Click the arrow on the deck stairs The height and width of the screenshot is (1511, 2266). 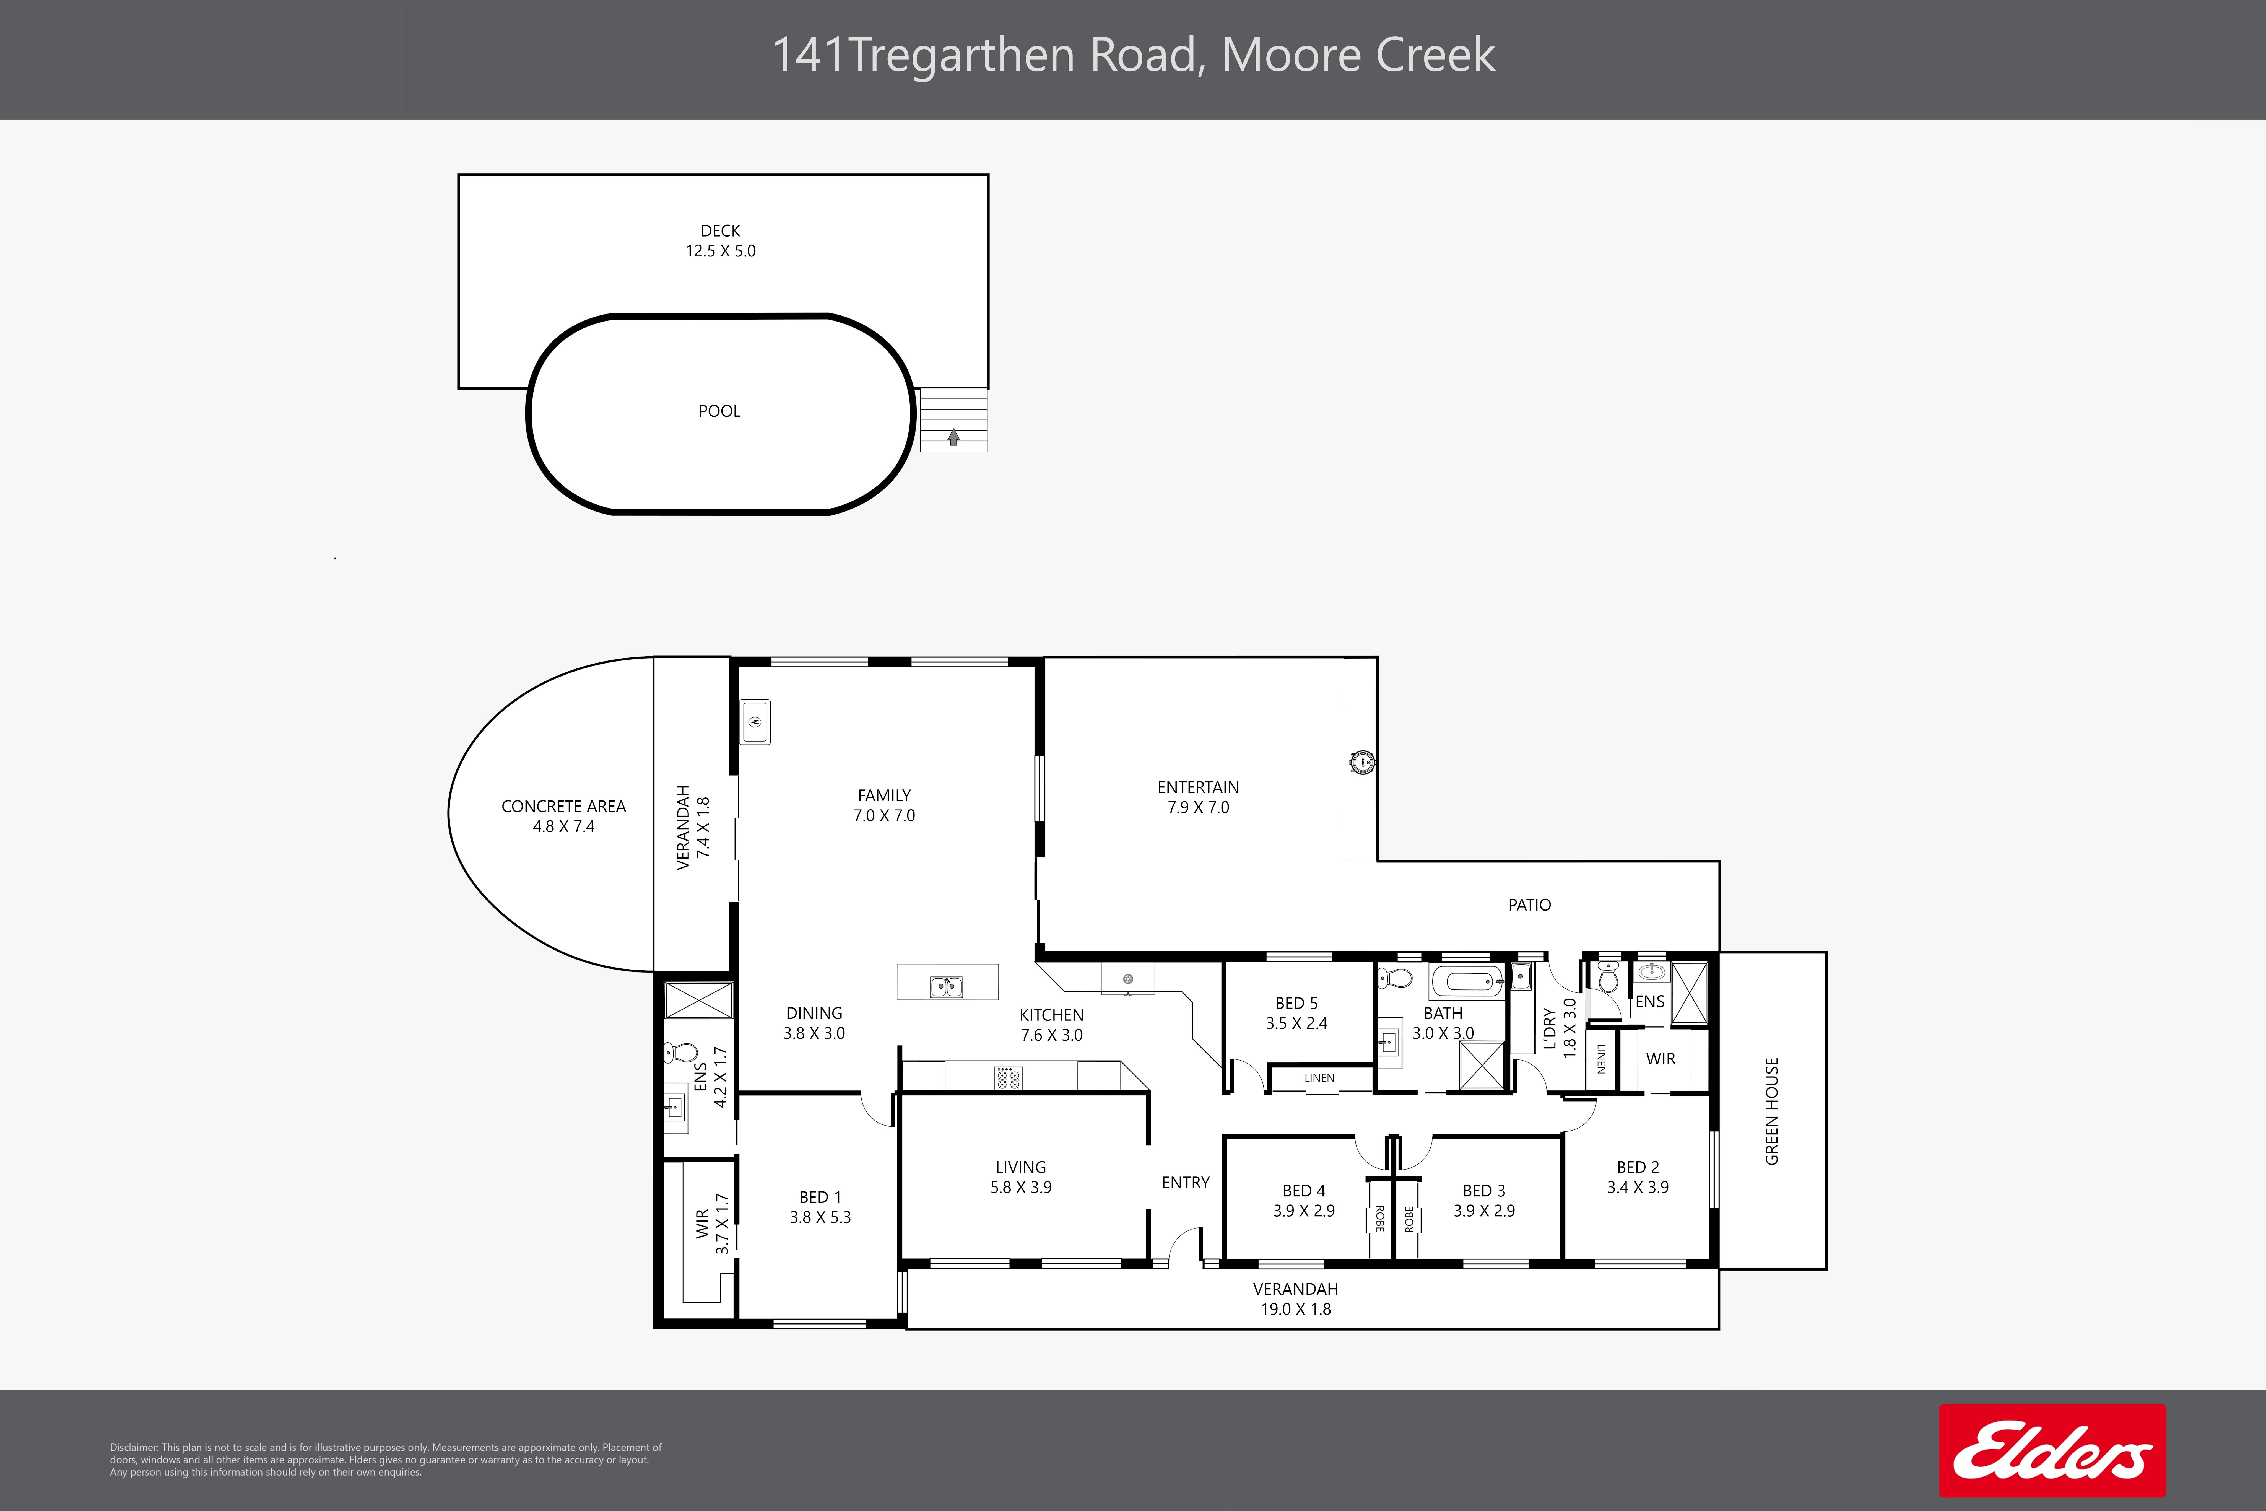point(954,437)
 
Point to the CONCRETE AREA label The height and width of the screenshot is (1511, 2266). point(564,807)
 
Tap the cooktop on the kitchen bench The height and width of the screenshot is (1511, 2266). point(1008,1078)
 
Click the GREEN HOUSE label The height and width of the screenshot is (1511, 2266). point(1772,1111)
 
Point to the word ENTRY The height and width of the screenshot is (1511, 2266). point(1185,1182)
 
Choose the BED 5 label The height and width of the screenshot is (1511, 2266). point(1297,1003)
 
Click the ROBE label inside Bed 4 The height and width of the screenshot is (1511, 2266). point(1380,1219)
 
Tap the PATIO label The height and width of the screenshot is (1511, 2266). point(1530,905)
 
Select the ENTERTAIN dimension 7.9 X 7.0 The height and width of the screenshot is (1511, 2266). point(1199,808)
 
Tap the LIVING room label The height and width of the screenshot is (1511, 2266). point(1021,1167)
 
